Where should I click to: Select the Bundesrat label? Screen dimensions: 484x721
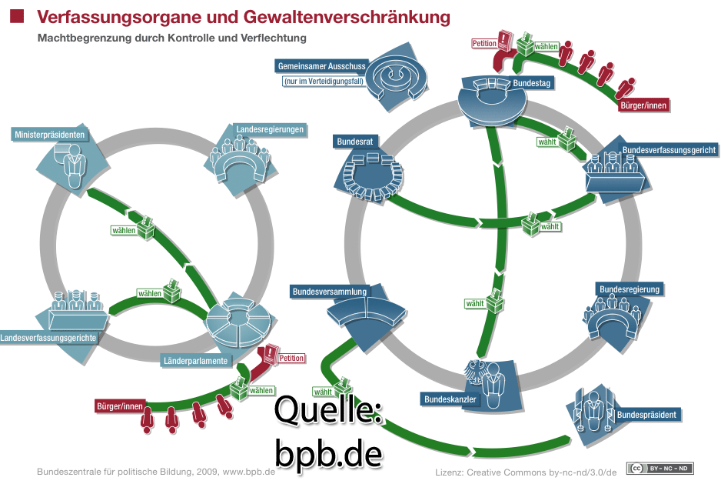pos(354,142)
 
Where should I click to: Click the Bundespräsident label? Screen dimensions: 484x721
pos(646,415)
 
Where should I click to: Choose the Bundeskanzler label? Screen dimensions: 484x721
pos(450,399)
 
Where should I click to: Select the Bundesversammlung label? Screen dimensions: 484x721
pos(329,292)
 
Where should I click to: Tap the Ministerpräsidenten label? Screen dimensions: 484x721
pos(50,135)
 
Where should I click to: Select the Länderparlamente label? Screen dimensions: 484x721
pos(194,360)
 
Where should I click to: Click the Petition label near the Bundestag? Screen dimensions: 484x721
pos(484,44)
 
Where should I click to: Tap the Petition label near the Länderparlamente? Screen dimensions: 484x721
pos(291,358)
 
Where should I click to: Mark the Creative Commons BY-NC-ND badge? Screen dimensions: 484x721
pos(660,468)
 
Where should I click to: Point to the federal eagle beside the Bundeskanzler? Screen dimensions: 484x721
pos(474,375)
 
